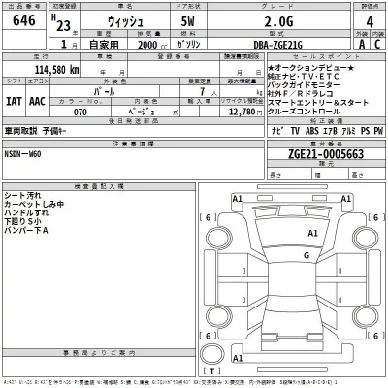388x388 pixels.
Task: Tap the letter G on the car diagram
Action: [306, 255]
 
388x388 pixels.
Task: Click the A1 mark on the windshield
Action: [313, 233]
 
